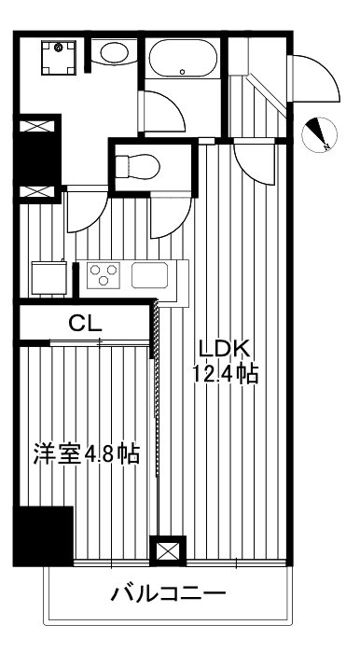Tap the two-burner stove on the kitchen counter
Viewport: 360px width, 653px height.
pyautogui.click(x=103, y=275)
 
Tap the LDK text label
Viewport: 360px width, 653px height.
pyautogui.click(x=223, y=348)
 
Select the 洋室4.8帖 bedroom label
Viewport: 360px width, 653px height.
pyautogui.click(x=86, y=454)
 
